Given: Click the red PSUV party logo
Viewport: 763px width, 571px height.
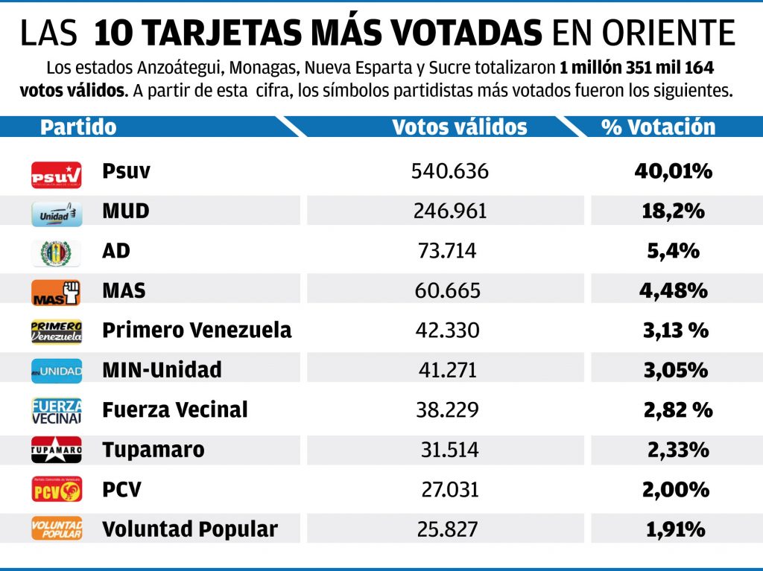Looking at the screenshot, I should pyautogui.click(x=57, y=174).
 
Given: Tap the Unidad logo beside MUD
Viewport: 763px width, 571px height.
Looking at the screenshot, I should pyautogui.click(x=57, y=213).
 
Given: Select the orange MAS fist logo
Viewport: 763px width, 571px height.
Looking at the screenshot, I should pyautogui.click(x=57, y=293).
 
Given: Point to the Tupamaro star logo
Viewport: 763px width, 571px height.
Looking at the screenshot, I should pyautogui.click(x=57, y=450).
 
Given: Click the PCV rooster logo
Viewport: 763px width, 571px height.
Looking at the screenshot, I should pyautogui.click(x=57, y=490).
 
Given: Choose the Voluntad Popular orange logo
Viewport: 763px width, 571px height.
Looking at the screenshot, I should pyautogui.click(x=57, y=529).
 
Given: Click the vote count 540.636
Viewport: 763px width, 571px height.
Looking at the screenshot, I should pyautogui.click(x=449, y=172).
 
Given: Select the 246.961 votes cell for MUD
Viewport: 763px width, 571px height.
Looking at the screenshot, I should pyautogui.click(x=449, y=211).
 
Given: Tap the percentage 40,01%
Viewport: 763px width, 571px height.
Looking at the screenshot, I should pyautogui.click(x=673, y=172).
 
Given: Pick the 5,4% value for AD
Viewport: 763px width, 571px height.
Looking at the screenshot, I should pyautogui.click(x=673, y=251).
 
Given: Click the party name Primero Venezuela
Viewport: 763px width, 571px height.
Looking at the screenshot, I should pyautogui.click(x=197, y=330).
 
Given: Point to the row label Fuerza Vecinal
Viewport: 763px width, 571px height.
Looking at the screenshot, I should pyautogui.click(x=175, y=409).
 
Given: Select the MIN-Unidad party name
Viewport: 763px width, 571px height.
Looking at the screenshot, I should pyautogui.click(x=162, y=369).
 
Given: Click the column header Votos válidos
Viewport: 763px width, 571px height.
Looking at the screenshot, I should pyautogui.click(x=459, y=127).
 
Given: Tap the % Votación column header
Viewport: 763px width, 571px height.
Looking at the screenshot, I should pyautogui.click(x=658, y=127).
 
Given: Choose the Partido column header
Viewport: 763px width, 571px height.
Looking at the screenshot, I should pyautogui.click(x=78, y=127).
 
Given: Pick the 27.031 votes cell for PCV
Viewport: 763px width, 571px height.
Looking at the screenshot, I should pyautogui.click(x=449, y=490).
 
